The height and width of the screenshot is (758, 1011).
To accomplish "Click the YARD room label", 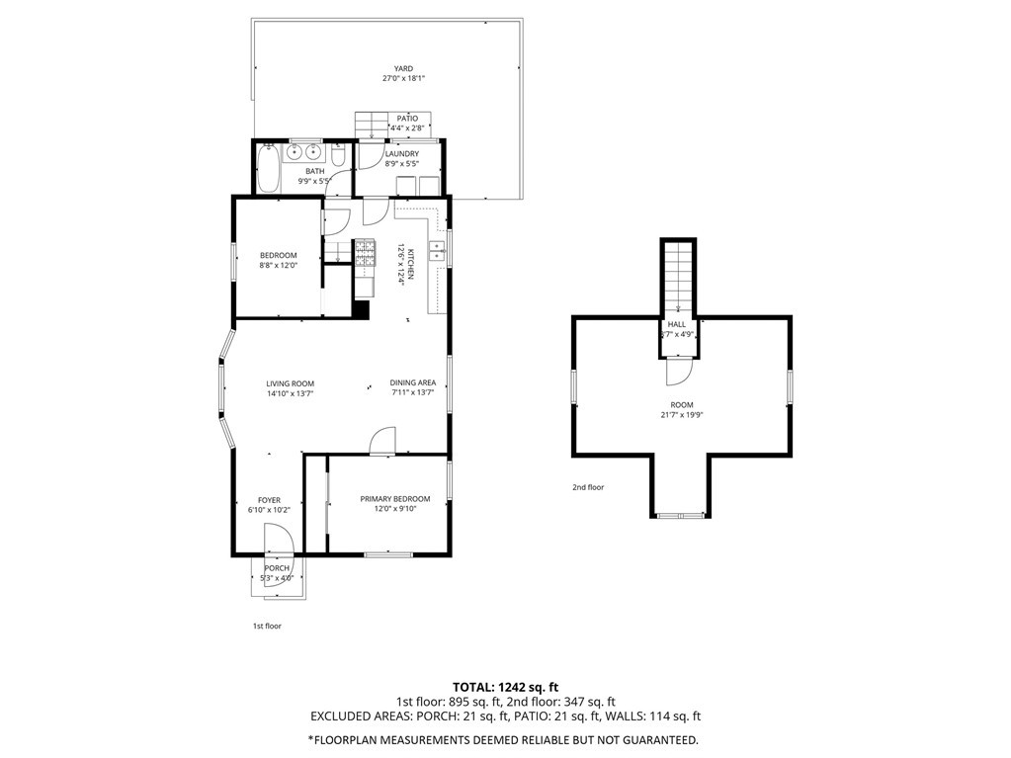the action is click(403, 68).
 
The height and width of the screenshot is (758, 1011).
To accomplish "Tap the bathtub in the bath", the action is click(267, 168).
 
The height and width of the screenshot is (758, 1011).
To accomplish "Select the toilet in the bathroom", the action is click(339, 155).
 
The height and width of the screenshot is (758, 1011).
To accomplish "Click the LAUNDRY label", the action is click(401, 154).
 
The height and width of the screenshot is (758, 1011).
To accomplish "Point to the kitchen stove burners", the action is click(365, 253).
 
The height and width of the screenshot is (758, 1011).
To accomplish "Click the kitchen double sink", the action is click(437, 251).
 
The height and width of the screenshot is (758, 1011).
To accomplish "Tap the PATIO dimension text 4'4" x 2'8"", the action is click(407, 127).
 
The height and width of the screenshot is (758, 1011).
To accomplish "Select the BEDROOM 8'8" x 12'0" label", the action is click(279, 260).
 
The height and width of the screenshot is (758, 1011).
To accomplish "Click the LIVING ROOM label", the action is click(291, 383).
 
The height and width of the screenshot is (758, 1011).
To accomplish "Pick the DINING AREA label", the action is click(413, 382).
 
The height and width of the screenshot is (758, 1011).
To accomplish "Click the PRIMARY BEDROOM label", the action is click(395, 499).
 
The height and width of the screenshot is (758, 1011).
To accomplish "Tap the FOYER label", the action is click(269, 500).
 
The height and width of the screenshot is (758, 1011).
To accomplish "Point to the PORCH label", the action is click(278, 568).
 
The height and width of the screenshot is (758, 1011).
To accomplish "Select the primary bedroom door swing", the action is click(381, 441).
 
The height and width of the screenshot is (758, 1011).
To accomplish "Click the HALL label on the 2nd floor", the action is click(677, 324).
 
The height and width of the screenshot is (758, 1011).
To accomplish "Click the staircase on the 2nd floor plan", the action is click(678, 277).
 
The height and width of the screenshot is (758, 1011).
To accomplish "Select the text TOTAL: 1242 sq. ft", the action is click(505, 687).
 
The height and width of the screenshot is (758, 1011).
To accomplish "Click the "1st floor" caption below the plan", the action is click(266, 626).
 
